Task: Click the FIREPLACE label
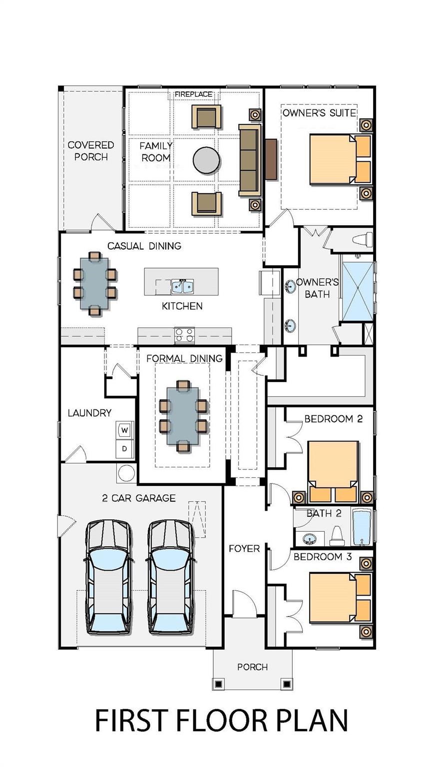(193, 94)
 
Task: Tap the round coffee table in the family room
(206, 160)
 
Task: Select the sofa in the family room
(250, 160)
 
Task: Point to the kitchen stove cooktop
(184, 335)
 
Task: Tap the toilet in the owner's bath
(362, 239)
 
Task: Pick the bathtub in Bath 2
(362, 527)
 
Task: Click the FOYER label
(244, 548)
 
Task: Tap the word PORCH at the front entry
(252, 667)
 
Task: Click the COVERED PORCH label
(91, 151)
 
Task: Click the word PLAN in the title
(306, 721)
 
